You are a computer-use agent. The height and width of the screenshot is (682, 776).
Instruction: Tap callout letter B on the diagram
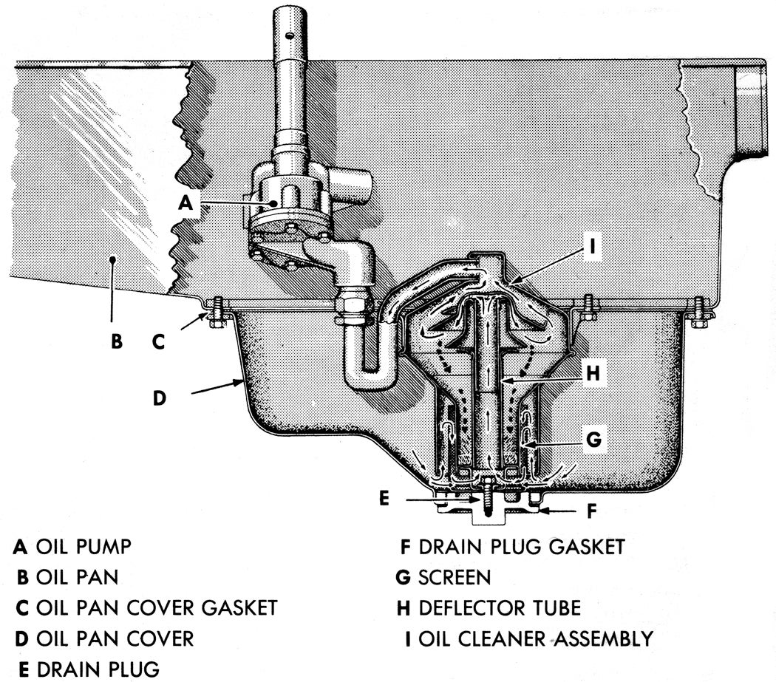pos(117,344)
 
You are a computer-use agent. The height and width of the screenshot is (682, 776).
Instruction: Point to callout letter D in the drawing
pos(160,397)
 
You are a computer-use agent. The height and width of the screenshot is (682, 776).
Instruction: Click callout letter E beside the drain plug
pos(383,499)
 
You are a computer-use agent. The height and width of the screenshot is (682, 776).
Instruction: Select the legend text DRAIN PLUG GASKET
pos(522,547)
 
